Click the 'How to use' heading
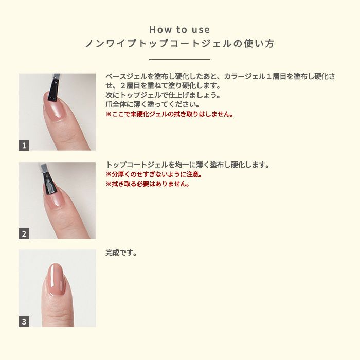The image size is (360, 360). pos(179,30)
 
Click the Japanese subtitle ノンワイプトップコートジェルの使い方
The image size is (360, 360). pos(179,44)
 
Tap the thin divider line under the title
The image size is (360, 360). pos(179,60)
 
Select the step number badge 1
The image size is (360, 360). pos(24,146)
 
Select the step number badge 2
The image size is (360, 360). pos(24,234)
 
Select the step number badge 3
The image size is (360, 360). pos(24,322)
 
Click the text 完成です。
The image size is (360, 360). pos(121,253)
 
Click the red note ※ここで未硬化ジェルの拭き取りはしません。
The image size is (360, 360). pos(169,114)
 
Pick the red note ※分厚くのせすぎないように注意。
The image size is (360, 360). pos(153,174)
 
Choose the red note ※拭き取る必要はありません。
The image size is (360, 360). pos(148,184)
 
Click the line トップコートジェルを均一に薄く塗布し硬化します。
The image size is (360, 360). pos(188,165)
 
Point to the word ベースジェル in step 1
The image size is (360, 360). pos(121,77)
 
